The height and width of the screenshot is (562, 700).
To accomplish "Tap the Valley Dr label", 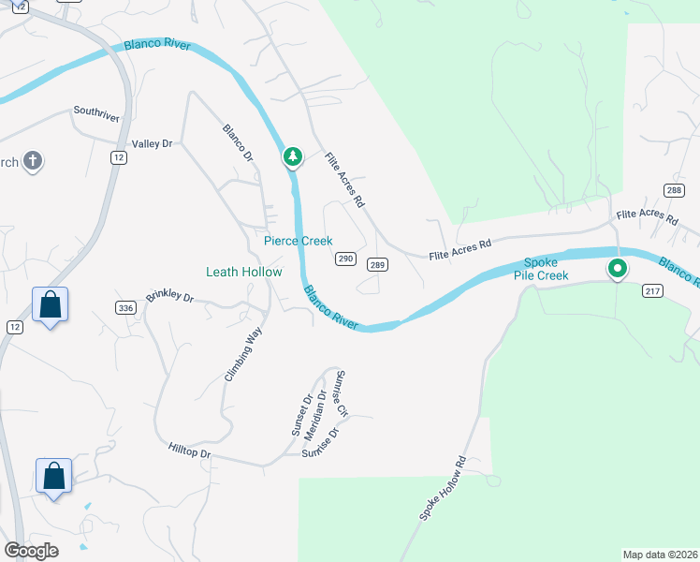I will tap(153, 143).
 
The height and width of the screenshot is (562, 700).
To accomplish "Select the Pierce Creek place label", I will tap(299, 241).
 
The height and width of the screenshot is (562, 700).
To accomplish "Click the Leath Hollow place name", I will tap(243, 272).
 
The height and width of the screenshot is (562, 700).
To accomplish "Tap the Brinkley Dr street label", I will tap(169, 298).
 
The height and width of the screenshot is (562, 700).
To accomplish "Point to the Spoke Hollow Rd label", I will tap(443, 489).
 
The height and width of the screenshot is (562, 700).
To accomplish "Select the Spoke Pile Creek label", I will tap(546, 269).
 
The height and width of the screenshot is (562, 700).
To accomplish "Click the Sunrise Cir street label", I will tap(342, 393).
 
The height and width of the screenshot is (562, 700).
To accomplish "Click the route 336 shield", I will tap(126, 307).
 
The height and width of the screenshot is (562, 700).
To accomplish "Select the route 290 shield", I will tap(344, 259).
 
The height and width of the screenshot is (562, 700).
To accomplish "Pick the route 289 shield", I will tap(377, 265).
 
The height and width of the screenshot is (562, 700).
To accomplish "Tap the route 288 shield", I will tap(674, 190).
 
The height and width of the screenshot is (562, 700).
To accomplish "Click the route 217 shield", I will tap(653, 291).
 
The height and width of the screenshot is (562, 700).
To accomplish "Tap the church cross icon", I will tap(33, 161).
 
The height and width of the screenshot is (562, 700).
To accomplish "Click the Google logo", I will tap(31, 550).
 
